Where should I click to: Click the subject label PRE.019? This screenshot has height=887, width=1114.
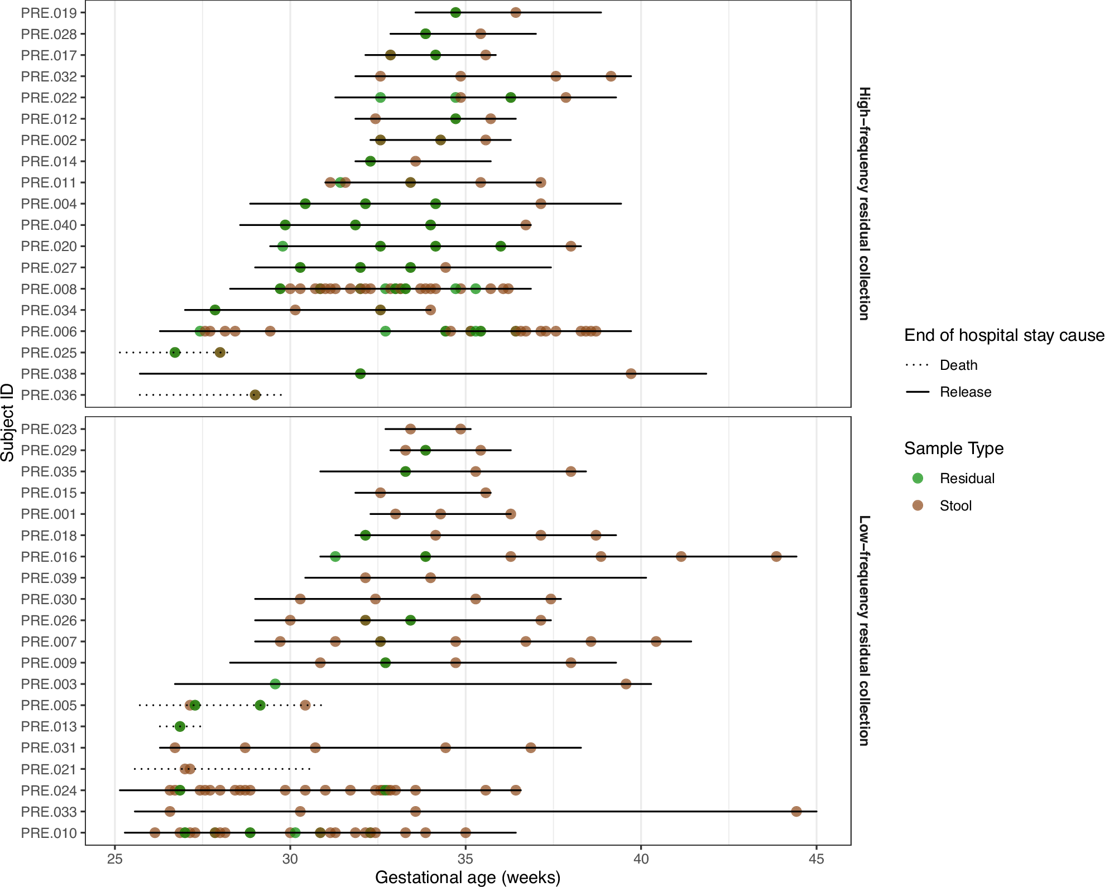[x=49, y=13]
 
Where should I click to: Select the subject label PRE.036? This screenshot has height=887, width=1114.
[x=49, y=395]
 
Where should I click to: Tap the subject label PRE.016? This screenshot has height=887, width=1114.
[x=49, y=557]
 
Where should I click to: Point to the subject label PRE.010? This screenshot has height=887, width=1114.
[x=49, y=833]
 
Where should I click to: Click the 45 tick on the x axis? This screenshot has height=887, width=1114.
[x=816, y=859]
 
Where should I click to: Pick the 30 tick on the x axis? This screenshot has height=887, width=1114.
[x=290, y=859]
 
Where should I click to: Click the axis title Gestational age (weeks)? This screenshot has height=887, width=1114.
[x=467, y=877]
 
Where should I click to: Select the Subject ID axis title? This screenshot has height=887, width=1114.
[x=8, y=422]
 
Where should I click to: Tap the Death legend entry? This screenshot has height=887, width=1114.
[x=958, y=365]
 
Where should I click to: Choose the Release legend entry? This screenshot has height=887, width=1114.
[x=965, y=392]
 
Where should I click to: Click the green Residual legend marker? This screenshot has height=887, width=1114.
[x=918, y=478]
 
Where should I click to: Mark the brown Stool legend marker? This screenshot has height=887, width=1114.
[x=918, y=505]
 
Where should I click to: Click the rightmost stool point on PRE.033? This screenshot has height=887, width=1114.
[x=796, y=811]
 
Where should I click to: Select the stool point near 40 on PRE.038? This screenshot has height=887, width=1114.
[x=631, y=374]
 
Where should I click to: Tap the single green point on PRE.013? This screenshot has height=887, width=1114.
[x=180, y=726]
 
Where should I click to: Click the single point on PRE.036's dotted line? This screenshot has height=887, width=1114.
[x=255, y=395]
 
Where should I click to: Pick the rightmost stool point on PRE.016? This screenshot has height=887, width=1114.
[x=776, y=557]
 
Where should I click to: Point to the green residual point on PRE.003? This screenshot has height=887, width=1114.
[x=275, y=684]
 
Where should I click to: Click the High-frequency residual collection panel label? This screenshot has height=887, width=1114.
[x=863, y=204]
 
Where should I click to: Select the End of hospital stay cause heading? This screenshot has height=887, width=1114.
[x=1004, y=335]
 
